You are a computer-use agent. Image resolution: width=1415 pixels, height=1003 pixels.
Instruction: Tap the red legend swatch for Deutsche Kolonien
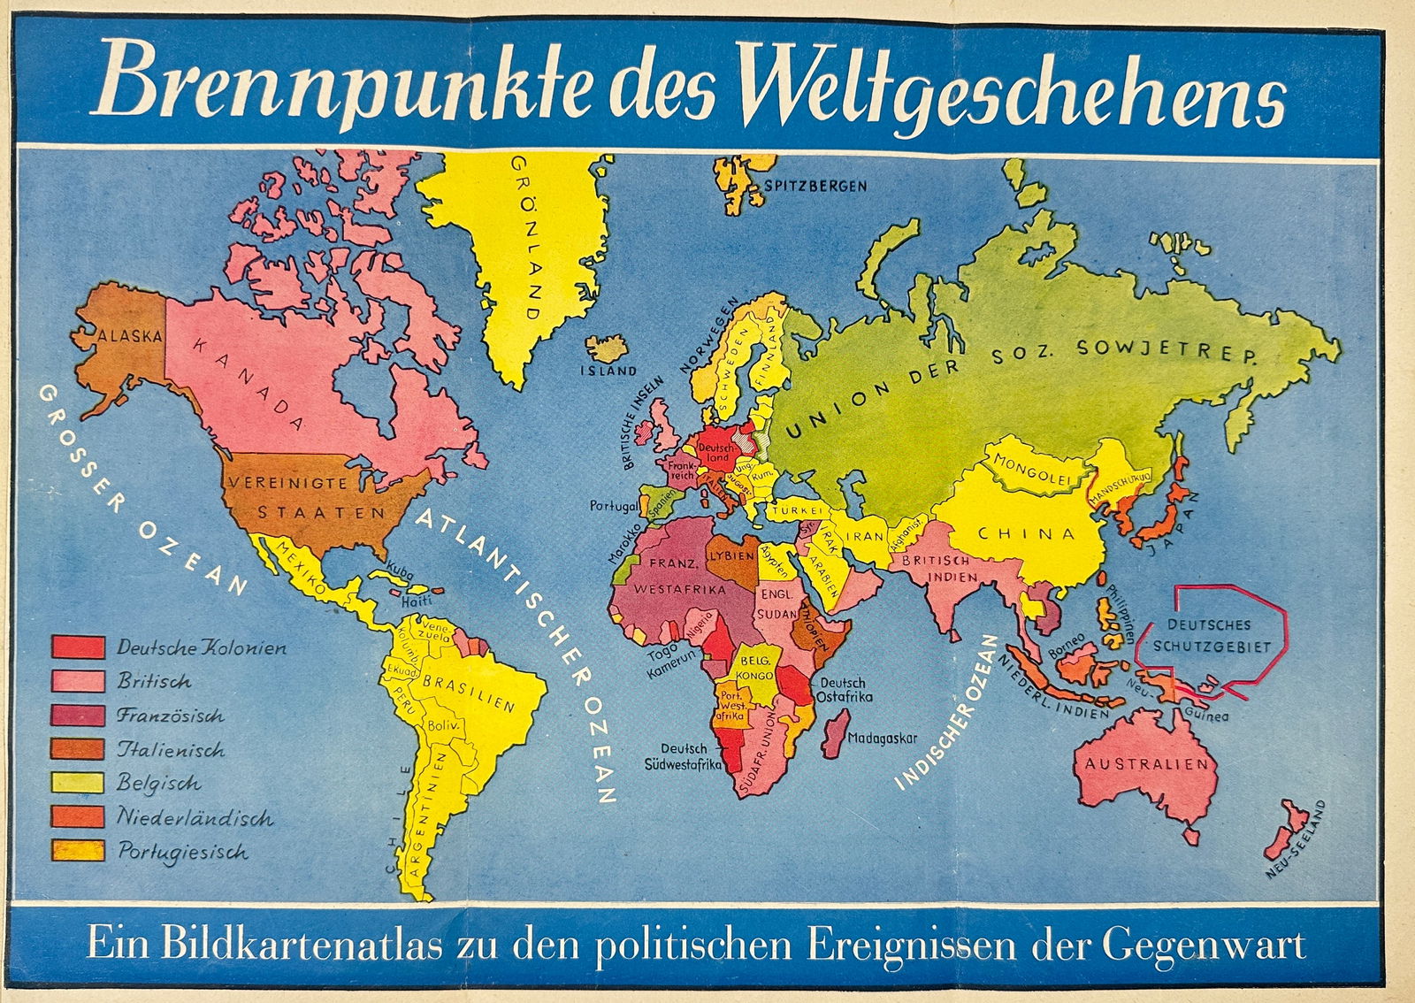[x=78, y=647]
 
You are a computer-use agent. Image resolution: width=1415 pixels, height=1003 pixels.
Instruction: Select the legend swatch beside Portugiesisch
[x=78, y=851]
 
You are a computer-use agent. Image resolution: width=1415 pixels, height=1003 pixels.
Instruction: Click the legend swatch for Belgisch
[x=78, y=783]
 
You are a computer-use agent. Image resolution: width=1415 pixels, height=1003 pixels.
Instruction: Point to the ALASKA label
[x=131, y=336]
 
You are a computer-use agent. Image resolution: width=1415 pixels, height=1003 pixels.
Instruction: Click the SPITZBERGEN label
[x=815, y=186]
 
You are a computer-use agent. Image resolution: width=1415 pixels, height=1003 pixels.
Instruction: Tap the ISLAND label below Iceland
[x=608, y=371]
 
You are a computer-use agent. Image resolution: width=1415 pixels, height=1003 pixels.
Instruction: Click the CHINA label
[x=1026, y=533]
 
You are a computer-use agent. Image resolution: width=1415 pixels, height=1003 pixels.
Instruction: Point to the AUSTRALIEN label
[x=1146, y=763]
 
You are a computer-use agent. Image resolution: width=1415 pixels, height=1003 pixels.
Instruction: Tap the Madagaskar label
[x=882, y=738]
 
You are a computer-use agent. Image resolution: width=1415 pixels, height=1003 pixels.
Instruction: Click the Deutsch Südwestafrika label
[x=683, y=756]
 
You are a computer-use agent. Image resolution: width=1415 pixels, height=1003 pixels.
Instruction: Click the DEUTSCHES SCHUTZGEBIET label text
[x=1211, y=635]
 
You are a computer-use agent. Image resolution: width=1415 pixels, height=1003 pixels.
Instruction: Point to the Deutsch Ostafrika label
[x=844, y=689]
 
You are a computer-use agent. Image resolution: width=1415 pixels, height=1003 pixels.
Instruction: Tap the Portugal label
[x=614, y=507]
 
